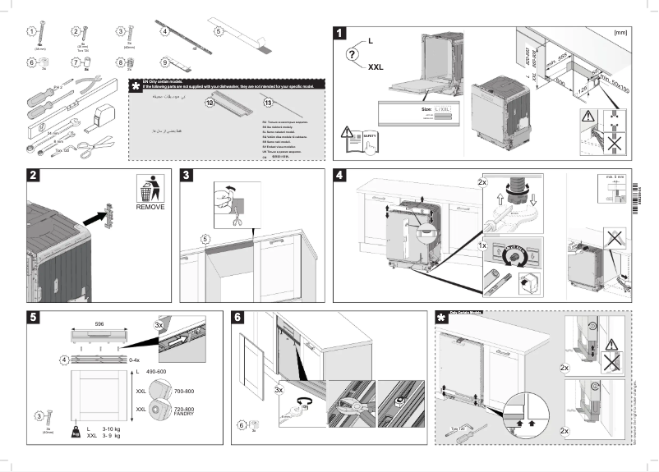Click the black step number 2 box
click(35, 175)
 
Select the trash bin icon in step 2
click(148, 189)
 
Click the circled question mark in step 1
click(352, 54)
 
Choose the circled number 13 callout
click(268, 102)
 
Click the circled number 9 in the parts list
click(165, 62)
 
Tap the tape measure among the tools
click(105, 108)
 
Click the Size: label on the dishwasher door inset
click(428, 107)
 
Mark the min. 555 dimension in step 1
click(561, 62)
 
